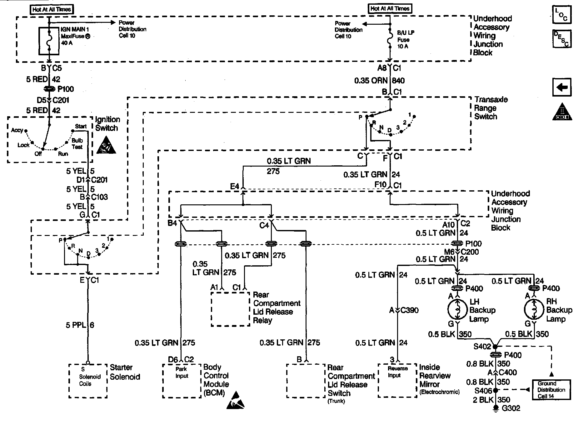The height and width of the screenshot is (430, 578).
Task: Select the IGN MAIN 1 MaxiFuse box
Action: coord(49,41)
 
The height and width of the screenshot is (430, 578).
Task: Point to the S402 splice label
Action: coord(482,347)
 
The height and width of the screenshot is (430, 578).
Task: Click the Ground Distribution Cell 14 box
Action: coord(551,390)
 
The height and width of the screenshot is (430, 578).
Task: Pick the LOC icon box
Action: coord(561,14)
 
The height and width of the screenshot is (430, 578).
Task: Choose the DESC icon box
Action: coord(561,39)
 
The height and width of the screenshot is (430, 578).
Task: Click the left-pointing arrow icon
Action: coord(562,87)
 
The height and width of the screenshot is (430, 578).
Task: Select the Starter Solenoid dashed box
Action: coord(88,381)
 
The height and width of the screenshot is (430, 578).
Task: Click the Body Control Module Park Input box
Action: coord(182,381)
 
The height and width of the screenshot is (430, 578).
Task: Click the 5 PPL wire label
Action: coord(80,325)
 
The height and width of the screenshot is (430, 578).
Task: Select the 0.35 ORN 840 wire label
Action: coord(379,81)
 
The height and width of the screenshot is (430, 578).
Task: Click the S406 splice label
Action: coord(483,391)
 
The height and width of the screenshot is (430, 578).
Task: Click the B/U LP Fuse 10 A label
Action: coord(405,39)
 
